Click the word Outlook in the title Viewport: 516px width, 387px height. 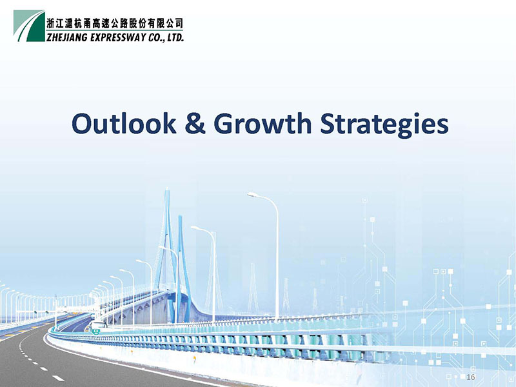point(124,123)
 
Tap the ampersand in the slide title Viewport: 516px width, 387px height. point(195,123)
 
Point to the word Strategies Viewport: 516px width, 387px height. point(384,125)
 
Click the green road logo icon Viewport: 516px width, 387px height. point(29,26)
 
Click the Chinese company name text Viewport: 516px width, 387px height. point(115,23)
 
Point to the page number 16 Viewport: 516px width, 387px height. point(471,377)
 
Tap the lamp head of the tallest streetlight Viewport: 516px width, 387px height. point(252,195)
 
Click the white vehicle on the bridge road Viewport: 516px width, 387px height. point(97,326)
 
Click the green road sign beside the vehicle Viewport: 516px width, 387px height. point(96,332)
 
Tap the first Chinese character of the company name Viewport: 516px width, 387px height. point(50,23)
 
